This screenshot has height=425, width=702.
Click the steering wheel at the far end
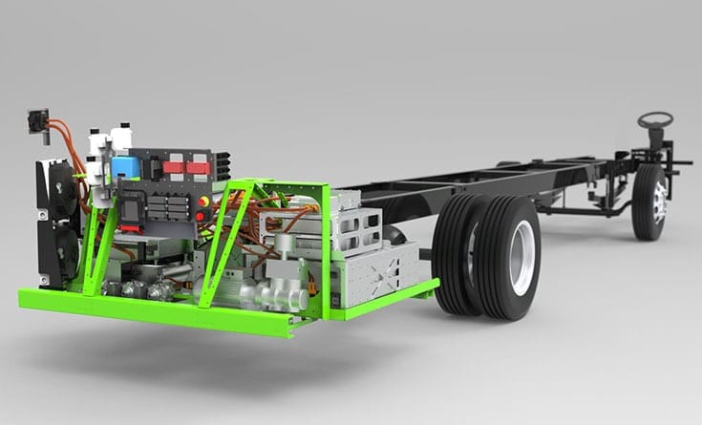pyautogui.click(x=655, y=119)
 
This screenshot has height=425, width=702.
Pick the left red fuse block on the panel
pyautogui.click(x=173, y=167)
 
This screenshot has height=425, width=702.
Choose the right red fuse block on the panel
pyautogui.click(x=198, y=168)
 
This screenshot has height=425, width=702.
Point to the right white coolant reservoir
pyautogui.click(x=120, y=138)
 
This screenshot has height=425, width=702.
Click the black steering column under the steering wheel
pyautogui.click(x=656, y=140)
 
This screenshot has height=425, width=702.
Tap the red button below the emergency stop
pyautogui.click(x=200, y=217)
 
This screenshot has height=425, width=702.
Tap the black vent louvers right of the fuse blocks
pyautogui.click(x=223, y=166)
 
